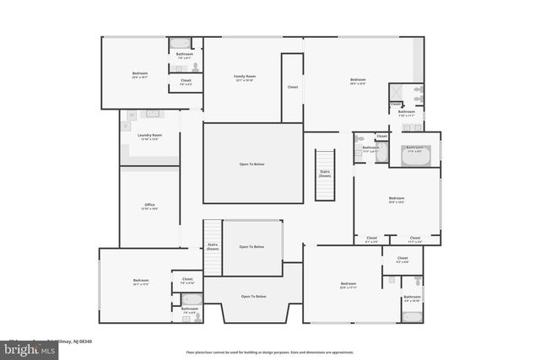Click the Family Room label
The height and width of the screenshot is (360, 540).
click(245, 78)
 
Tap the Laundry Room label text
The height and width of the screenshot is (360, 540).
click(149, 137)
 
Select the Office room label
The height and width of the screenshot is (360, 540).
click(149, 207)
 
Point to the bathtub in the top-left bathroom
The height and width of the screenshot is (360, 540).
click(181, 43)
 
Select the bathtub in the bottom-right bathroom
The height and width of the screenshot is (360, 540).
click(411, 316)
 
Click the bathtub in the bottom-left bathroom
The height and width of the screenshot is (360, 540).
click(190, 298)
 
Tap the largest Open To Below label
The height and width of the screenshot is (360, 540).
click(252, 164)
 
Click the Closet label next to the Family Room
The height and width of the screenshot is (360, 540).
click(293, 87)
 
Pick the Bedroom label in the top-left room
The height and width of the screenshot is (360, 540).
click(140, 75)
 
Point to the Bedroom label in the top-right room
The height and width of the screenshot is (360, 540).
click(358, 82)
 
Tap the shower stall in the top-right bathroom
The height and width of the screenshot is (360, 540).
click(399, 93)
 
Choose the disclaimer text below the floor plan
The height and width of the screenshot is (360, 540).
click(269, 352)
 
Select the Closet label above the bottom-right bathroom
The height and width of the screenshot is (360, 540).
click(402, 260)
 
